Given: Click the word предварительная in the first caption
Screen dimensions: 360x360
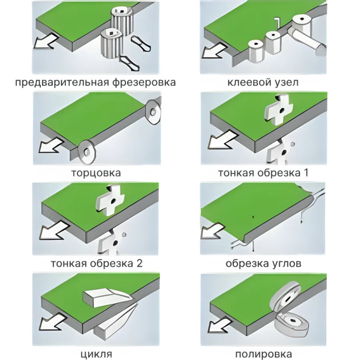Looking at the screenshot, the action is coord(62,82).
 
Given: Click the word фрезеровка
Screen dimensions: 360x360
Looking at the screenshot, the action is coord(144,82).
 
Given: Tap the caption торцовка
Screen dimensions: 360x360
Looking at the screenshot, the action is coord(96,173).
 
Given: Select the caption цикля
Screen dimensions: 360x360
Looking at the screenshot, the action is coord(96,354).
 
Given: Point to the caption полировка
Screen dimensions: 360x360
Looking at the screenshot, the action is coord(264,354).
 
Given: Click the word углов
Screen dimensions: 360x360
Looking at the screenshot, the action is coord(284,264).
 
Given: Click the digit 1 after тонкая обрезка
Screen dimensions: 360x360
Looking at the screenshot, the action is coord(305,173).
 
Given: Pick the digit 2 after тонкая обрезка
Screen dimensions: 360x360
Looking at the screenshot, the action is coord(139,263).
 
